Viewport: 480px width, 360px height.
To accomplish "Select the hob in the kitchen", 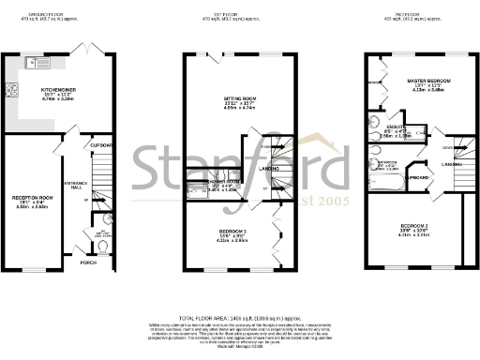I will tap(14, 92).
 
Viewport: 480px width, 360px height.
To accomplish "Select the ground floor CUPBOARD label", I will tap(102, 145).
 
